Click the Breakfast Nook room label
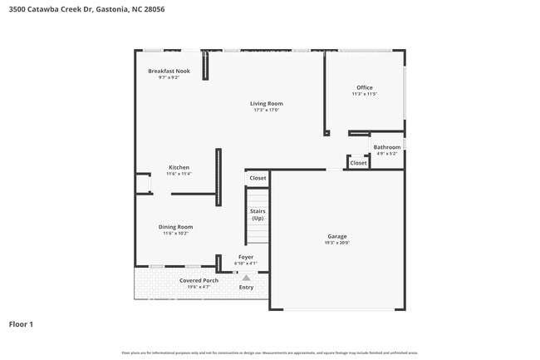click(x=169, y=72)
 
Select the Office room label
click(x=364, y=87)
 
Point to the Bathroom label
click(x=386, y=147)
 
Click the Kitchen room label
click(x=179, y=167)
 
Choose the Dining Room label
click(x=175, y=227)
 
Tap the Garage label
click(x=336, y=236)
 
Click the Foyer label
click(x=246, y=257)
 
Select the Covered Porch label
click(x=199, y=280)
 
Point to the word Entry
click(x=246, y=288)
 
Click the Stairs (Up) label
click(x=258, y=215)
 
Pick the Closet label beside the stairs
click(x=258, y=178)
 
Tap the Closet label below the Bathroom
click(x=358, y=163)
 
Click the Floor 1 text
click(x=21, y=323)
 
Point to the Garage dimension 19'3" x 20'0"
click(x=336, y=243)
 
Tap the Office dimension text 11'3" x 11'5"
click(x=364, y=94)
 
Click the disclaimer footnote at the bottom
click(x=269, y=353)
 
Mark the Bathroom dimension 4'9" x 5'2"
click(x=386, y=153)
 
